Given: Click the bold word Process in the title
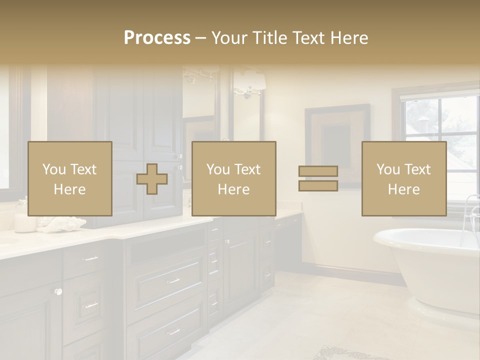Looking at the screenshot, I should (157, 38).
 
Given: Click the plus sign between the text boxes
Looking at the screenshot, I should (152, 179).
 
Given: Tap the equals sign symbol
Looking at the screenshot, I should (318, 178).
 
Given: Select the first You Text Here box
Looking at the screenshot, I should (69, 179).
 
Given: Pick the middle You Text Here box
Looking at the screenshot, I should (233, 179).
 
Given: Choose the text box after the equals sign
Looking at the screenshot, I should (403, 179).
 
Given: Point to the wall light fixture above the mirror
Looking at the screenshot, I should (249, 82).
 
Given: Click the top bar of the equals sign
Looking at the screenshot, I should (318, 171).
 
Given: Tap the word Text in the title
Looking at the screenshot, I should (309, 38).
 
